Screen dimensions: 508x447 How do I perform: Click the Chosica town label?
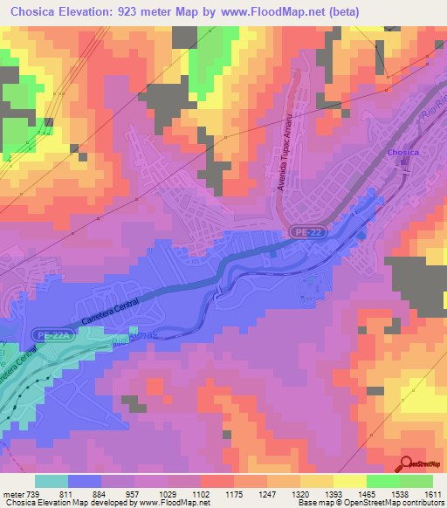pyautogui.click(x=403, y=153)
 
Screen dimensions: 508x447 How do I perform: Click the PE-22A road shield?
pyautogui.click(x=53, y=334)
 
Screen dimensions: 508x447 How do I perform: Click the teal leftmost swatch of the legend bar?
pyautogui.click(x=51, y=481)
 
